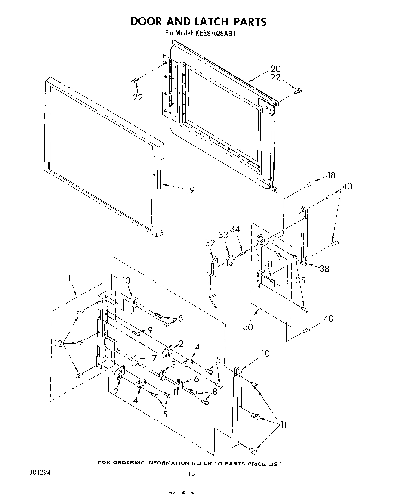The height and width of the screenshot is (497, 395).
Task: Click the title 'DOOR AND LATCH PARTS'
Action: [198, 21]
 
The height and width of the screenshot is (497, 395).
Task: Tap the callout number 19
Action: [190, 190]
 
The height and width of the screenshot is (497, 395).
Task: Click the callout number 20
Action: [275, 69]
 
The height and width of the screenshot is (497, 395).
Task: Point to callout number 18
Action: [331, 175]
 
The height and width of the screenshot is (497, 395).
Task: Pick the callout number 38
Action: [324, 268]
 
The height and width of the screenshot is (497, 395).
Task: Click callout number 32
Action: [210, 243]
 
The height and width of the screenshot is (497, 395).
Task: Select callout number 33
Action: [223, 235]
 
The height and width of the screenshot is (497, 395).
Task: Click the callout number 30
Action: [247, 327]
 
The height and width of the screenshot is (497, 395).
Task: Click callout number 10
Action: [265, 353]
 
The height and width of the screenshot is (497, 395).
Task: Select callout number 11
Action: [284, 425]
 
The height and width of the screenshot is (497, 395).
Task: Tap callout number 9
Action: [150, 330]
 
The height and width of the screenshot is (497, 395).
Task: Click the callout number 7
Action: [154, 358]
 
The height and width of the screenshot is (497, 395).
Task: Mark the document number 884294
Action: [39, 472]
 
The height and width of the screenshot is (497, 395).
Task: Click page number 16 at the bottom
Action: [191, 474]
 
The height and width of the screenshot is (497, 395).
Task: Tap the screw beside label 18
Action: [309, 183]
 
